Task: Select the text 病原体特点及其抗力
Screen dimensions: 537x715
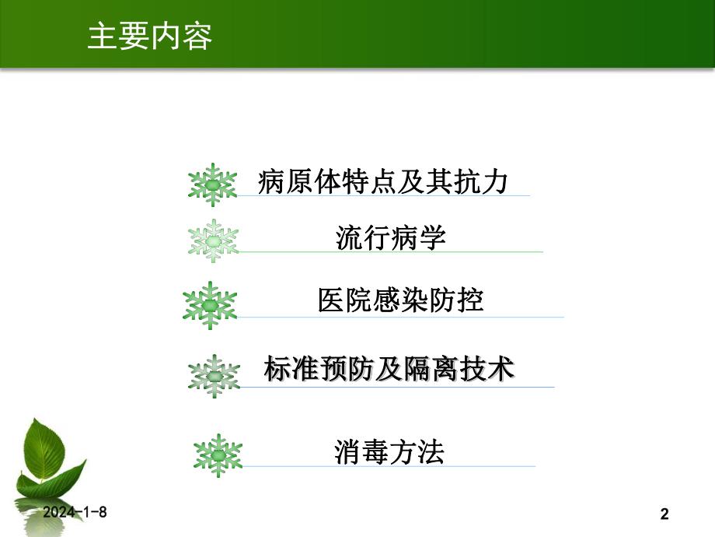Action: [382, 182]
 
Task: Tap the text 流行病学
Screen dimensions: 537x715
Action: [391, 237]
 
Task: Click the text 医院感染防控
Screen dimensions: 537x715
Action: [400, 300]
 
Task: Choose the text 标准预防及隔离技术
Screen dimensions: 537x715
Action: [389, 369]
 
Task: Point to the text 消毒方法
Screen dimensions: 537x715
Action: [389, 451]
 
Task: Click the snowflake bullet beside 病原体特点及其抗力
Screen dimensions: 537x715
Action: [212, 184]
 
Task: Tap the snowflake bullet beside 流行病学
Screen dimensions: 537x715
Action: [214, 241]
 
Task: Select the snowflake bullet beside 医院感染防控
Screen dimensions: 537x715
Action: [210, 304]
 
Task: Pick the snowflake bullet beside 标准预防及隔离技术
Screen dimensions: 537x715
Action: [214, 376]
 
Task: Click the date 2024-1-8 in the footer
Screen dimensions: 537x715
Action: [75, 512]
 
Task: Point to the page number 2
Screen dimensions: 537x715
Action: [664, 514]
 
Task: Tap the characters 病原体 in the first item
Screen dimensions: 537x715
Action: [295, 182]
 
